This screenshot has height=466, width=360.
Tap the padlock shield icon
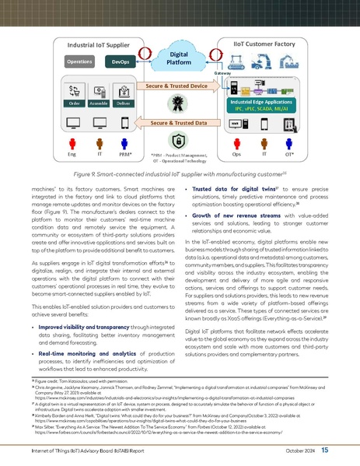point(180,143)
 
